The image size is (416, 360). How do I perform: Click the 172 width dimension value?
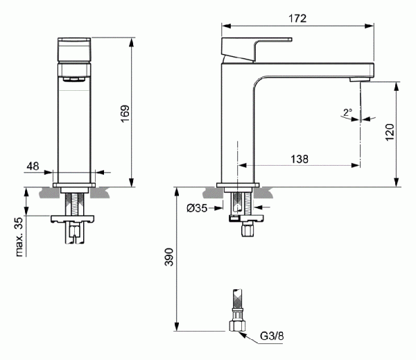coord(297,17)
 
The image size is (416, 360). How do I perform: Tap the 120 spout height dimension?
coord(389,132)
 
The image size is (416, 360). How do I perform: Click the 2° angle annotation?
coord(347,112)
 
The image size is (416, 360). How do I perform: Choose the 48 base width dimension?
coord(33,166)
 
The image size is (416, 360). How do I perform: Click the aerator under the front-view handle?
coord(74,77)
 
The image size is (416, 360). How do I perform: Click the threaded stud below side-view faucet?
coord(237,203)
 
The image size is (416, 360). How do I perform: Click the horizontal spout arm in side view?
coord(319,70)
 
